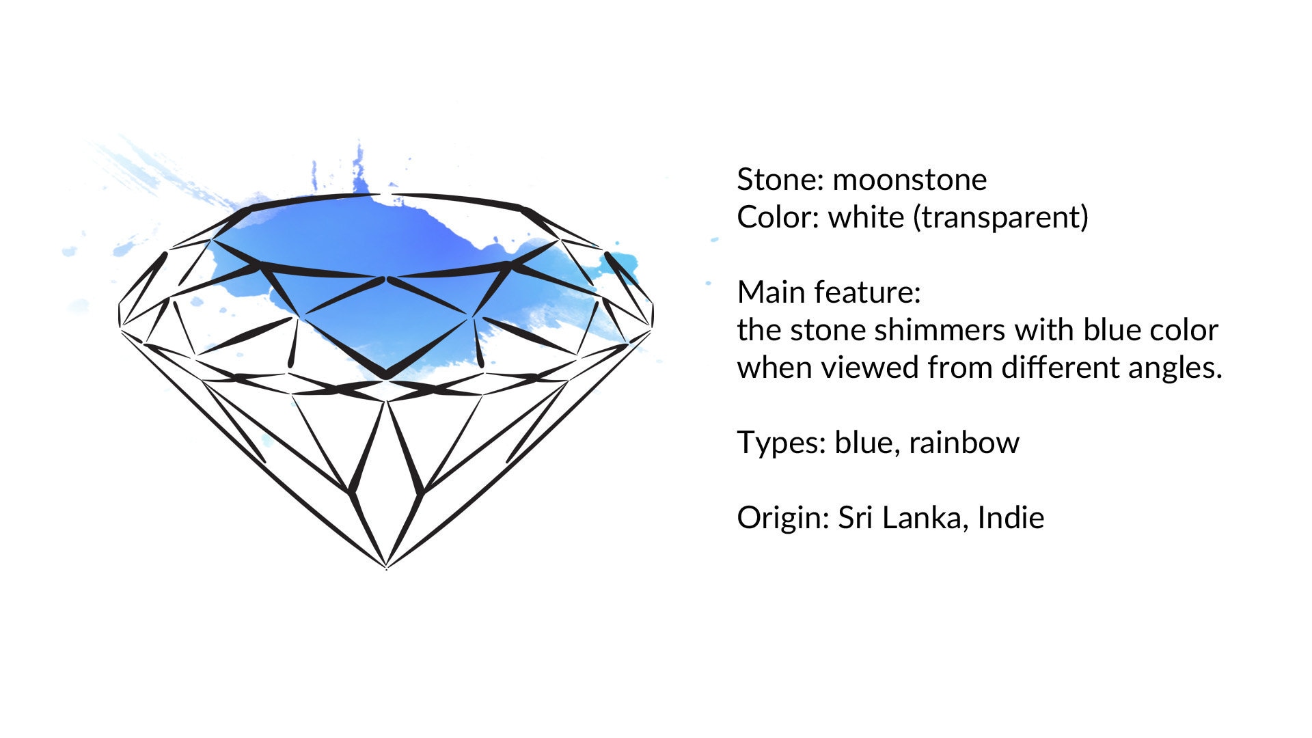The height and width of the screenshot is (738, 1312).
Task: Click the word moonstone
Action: (x=910, y=180)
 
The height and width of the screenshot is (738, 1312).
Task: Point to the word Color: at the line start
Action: (x=778, y=217)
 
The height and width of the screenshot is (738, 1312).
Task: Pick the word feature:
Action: (x=864, y=292)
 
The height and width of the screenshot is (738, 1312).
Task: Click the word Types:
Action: (x=781, y=443)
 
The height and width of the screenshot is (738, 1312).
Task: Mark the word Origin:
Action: (x=783, y=519)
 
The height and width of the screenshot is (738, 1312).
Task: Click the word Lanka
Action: (x=925, y=518)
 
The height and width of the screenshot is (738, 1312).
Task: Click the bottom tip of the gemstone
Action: (x=387, y=568)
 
